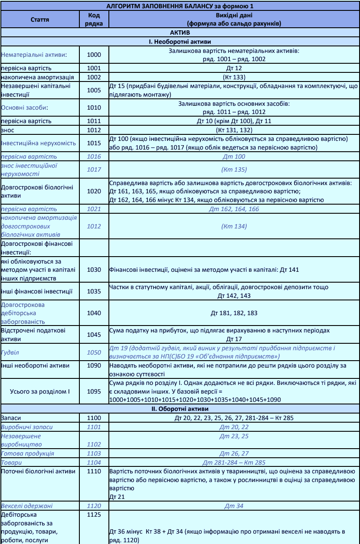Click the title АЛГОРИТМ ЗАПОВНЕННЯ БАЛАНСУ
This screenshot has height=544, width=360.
pyautogui.click(x=180, y=5)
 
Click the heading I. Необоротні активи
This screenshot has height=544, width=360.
pyautogui.click(x=180, y=42)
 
